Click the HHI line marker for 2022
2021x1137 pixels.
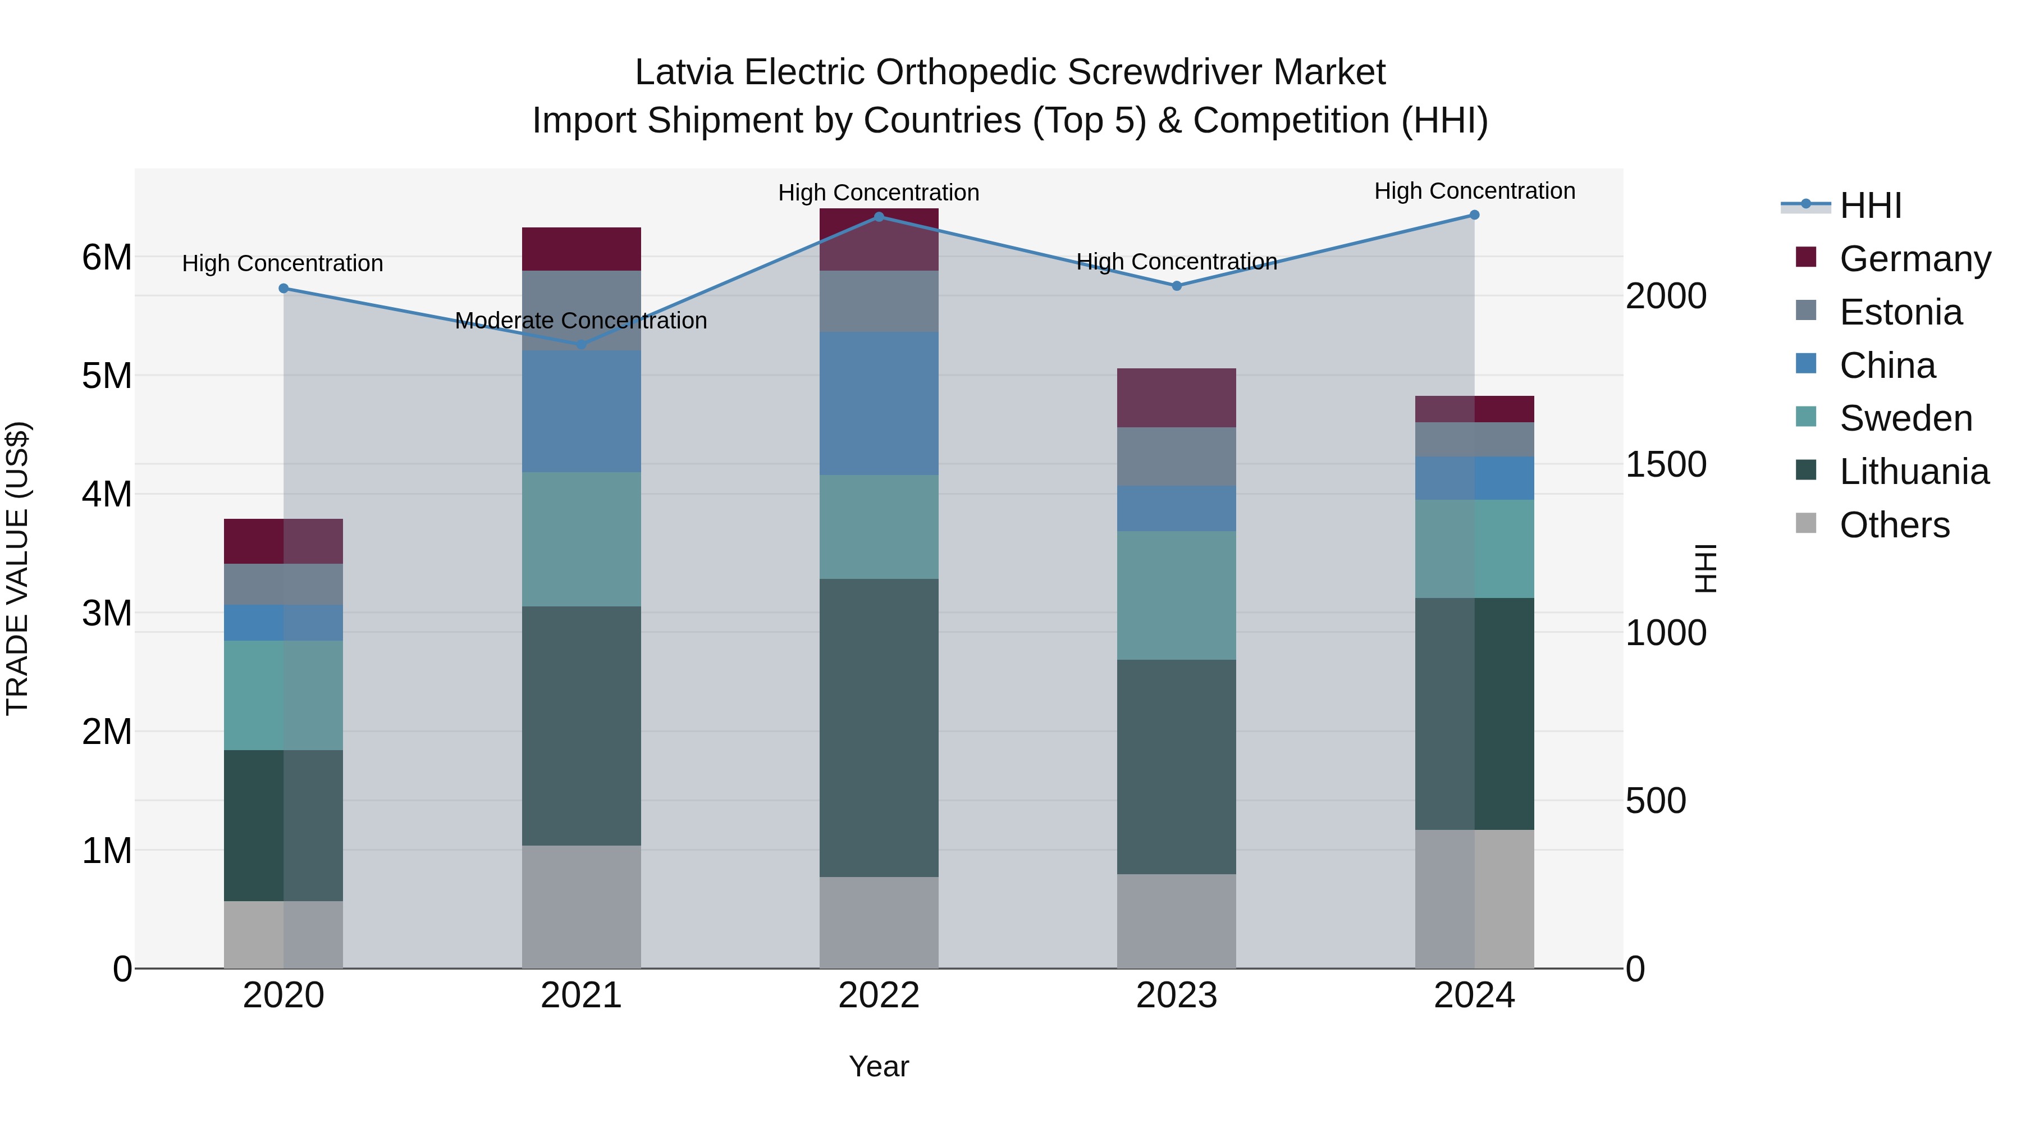879,217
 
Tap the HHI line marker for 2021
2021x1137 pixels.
582,345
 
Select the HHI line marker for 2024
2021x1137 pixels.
1474,215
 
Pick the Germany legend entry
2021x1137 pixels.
1914,259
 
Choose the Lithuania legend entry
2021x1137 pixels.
1914,472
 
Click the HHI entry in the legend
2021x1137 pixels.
1871,206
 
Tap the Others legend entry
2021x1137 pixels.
1894,525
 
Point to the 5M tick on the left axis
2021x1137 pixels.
107,376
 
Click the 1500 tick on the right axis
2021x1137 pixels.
1665,464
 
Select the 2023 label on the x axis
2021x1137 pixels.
1176,996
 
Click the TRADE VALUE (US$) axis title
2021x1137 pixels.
18,568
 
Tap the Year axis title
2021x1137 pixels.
879,1066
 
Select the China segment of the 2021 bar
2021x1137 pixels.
582,411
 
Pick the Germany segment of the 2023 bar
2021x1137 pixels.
1176,398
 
